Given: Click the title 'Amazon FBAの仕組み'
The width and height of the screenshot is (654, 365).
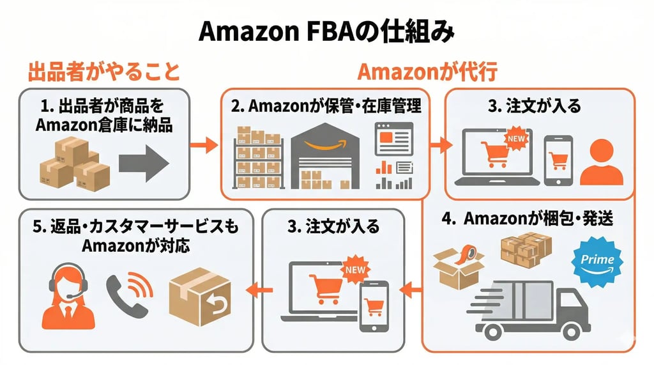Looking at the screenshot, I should point(326,30).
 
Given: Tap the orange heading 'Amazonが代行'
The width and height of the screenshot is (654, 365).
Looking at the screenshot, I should point(427,72).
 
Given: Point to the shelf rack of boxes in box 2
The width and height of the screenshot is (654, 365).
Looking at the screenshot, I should point(259,159).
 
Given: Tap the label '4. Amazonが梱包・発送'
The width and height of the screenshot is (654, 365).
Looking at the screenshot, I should point(528,219).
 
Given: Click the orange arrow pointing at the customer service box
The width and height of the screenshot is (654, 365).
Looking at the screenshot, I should point(259,290).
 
